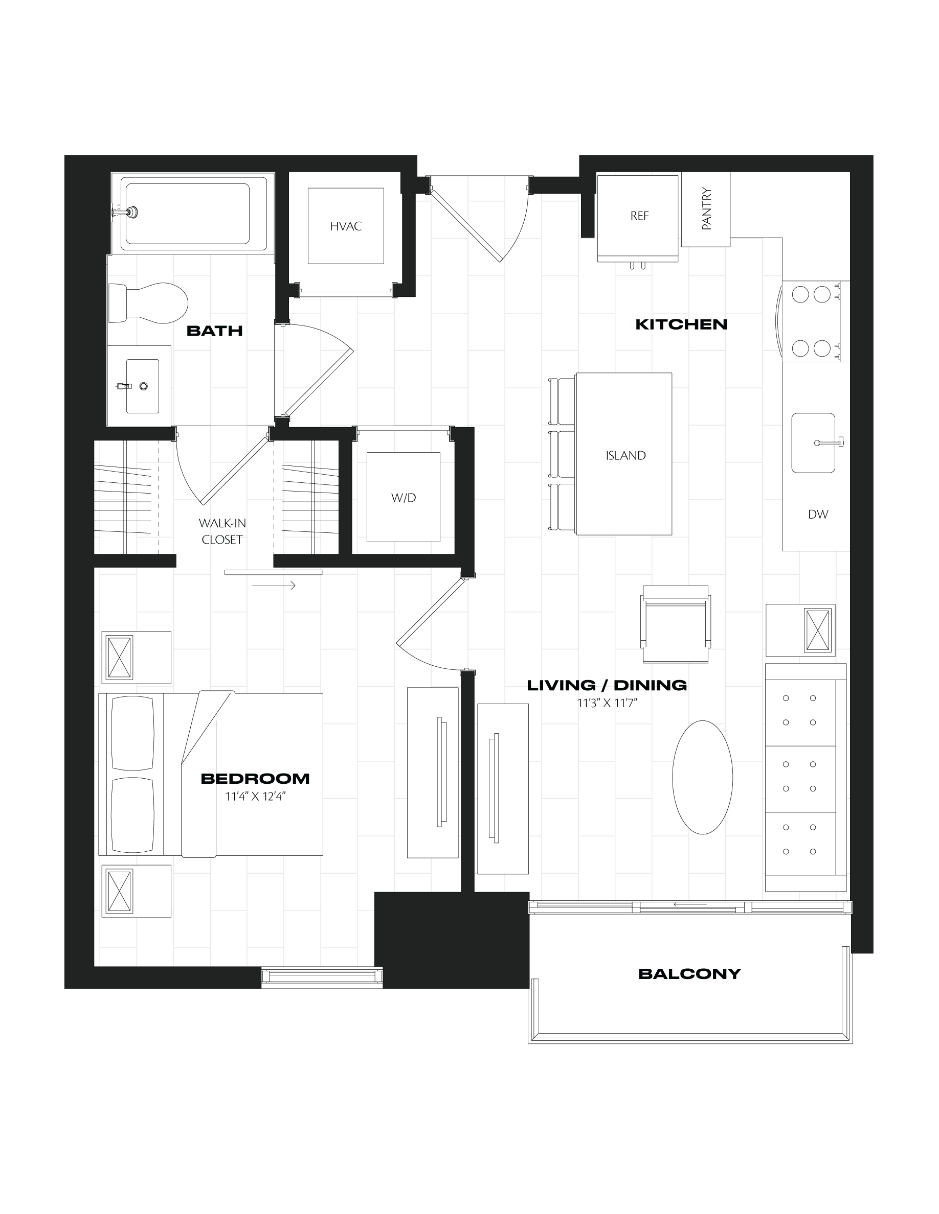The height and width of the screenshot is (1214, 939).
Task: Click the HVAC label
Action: [345, 226]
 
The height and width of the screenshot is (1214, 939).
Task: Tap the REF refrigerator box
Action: [637, 219]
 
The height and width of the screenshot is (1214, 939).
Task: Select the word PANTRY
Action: [706, 208]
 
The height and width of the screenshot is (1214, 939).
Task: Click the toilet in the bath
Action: [148, 303]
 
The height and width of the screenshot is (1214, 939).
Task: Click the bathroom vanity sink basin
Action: [142, 386]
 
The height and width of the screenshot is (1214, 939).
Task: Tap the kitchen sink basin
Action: [813, 442]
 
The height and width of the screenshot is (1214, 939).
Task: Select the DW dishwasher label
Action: [818, 514]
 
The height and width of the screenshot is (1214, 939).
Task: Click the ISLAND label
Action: [625, 455]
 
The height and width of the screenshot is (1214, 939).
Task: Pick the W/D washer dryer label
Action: [404, 498]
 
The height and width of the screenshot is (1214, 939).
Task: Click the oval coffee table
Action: [703, 777]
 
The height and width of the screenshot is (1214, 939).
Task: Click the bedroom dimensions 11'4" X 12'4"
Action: [255, 797]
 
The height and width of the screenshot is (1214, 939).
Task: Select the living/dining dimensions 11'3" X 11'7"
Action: [607, 703]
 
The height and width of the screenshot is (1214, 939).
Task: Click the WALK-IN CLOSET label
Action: [222, 531]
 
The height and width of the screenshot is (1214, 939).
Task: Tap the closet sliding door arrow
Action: [273, 586]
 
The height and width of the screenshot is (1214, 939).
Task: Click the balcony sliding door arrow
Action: [690, 904]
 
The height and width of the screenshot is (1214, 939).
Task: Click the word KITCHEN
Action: [681, 324]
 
